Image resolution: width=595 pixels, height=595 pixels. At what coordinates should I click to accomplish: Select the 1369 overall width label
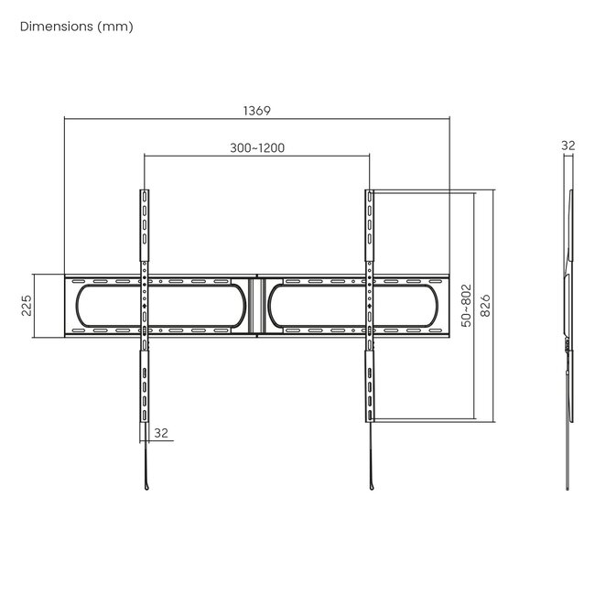(x=256, y=110)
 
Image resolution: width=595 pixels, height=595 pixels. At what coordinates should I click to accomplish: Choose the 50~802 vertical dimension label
(x=466, y=306)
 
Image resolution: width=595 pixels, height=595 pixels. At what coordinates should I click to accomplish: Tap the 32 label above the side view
(x=568, y=146)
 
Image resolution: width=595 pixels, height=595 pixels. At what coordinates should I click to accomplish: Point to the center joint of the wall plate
(x=257, y=306)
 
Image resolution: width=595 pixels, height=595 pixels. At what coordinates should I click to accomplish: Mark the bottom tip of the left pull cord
(x=146, y=487)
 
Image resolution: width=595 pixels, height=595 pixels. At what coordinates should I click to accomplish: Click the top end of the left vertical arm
(x=144, y=192)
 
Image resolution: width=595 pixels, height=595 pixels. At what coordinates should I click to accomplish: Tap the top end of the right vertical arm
(x=369, y=192)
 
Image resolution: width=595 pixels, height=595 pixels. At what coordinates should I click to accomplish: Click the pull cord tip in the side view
(x=571, y=487)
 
